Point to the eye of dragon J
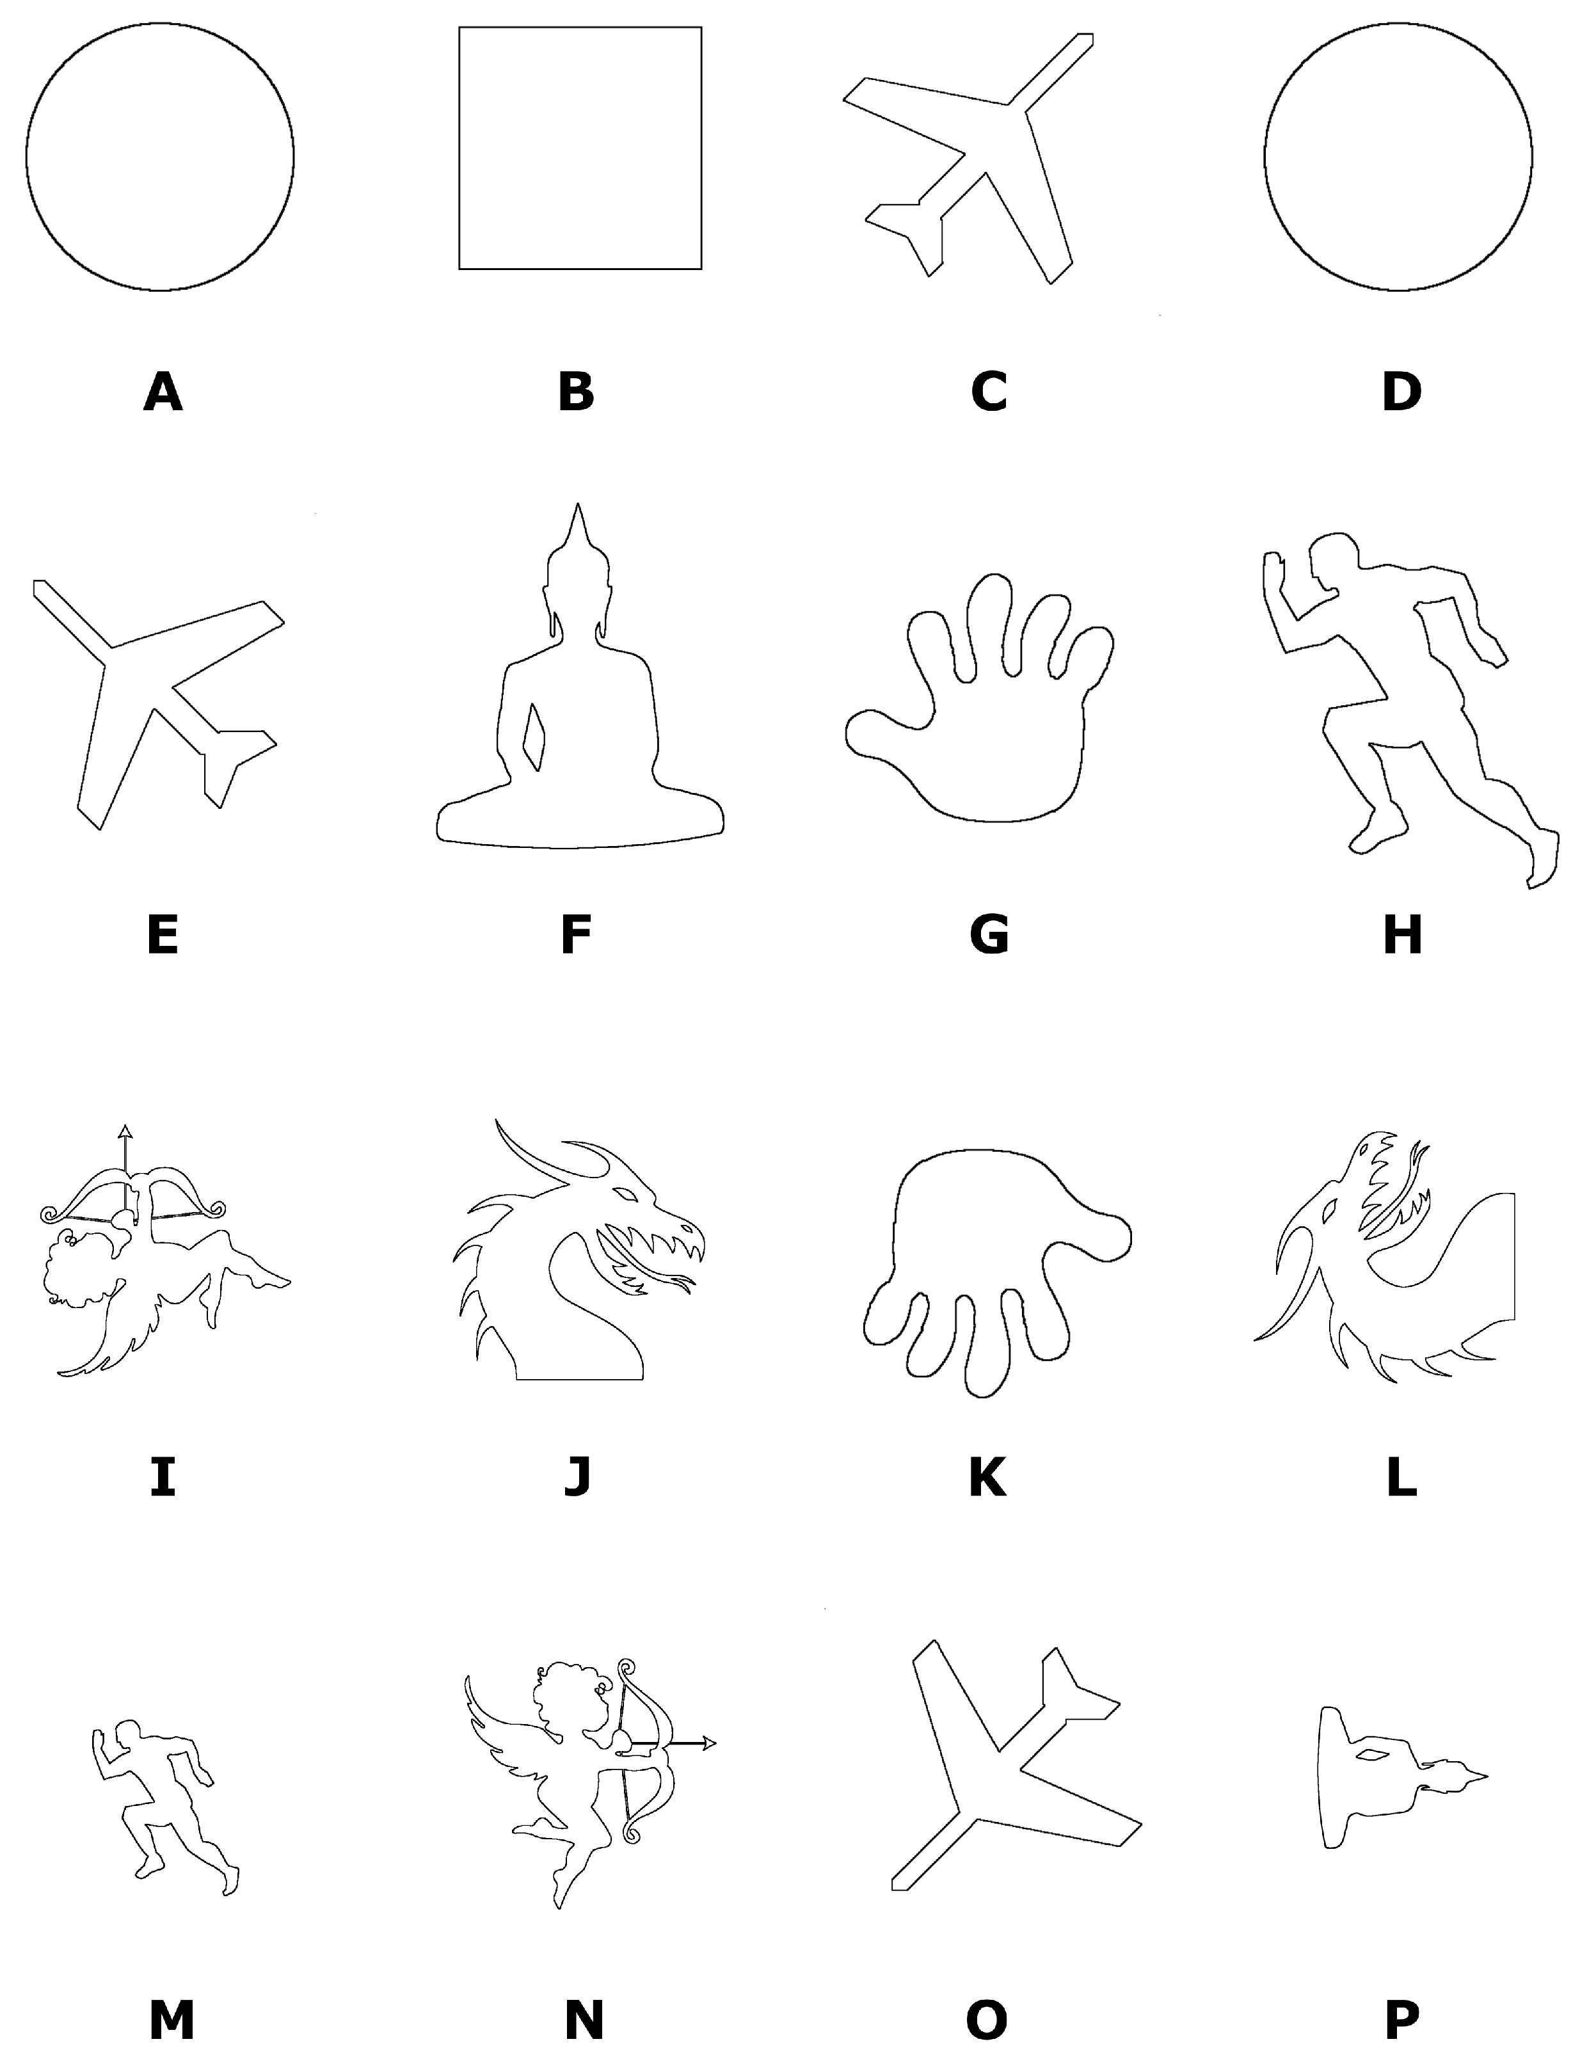tap(625, 1194)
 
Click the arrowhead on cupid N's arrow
tap(708, 1744)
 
